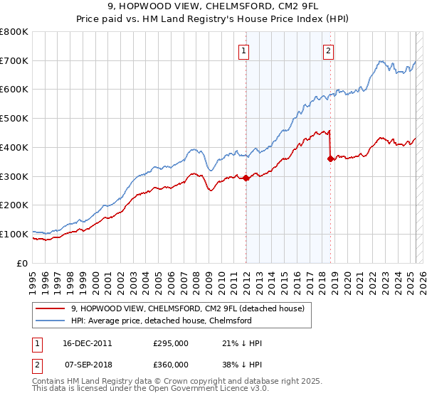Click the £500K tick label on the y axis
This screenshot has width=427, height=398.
pyautogui.click(x=15, y=119)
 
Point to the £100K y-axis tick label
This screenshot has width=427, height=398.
pyautogui.click(x=15, y=234)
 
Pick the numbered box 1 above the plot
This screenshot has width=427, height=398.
pyautogui.click(x=244, y=50)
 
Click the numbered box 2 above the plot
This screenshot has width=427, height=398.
pyautogui.click(x=328, y=50)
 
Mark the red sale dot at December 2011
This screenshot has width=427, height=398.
pyautogui.click(x=246, y=178)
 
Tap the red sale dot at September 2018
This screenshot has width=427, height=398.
pyautogui.click(x=330, y=159)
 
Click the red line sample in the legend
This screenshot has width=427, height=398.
pyautogui.click(x=49, y=308)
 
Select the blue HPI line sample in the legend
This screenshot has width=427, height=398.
pyautogui.click(x=49, y=321)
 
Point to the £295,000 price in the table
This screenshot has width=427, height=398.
pyautogui.click(x=170, y=343)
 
